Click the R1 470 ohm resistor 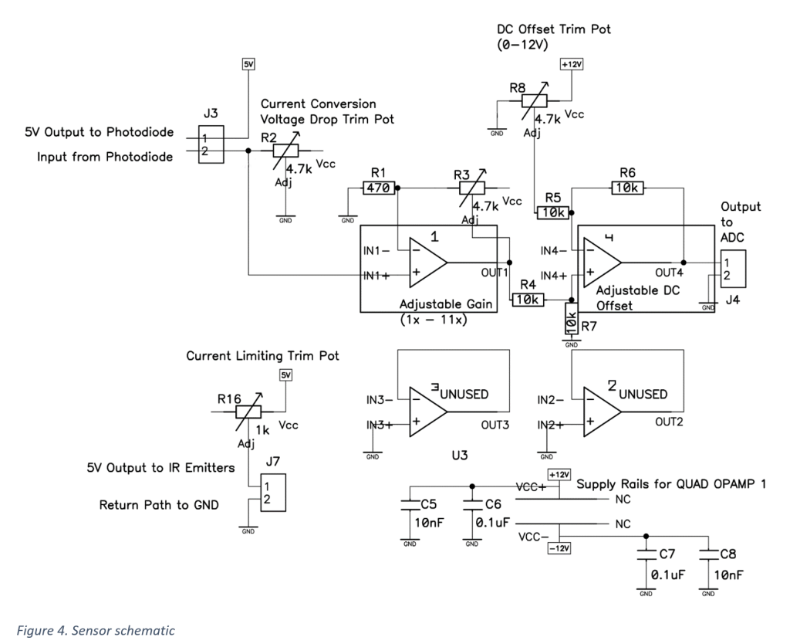click(x=379, y=187)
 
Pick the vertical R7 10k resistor click(x=571, y=318)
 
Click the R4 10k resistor click(x=528, y=299)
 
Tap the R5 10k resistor click(x=552, y=212)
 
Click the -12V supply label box click(x=558, y=548)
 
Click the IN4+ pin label click(x=554, y=275)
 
